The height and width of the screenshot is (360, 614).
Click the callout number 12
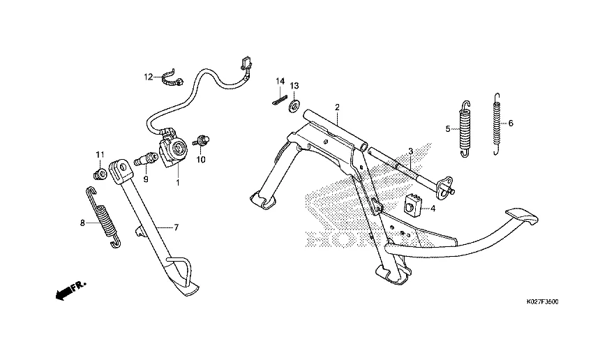(x=148, y=77)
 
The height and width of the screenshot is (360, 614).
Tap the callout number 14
(x=280, y=82)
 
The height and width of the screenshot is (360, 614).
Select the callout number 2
(x=337, y=107)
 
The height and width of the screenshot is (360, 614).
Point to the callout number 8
(x=82, y=223)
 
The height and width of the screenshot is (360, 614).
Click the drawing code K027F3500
(x=542, y=301)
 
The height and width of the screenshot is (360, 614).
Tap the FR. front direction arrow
(x=70, y=290)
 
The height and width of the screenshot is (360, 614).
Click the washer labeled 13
(x=294, y=106)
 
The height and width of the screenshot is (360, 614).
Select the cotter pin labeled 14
(x=280, y=100)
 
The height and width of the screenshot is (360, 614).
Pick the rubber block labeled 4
(x=413, y=204)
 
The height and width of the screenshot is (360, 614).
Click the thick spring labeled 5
(x=465, y=129)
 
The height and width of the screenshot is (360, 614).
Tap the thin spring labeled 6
(x=496, y=123)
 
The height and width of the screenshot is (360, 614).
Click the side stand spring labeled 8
(x=103, y=217)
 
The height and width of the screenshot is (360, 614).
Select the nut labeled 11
(x=100, y=174)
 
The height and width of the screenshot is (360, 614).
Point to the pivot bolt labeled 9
(x=146, y=159)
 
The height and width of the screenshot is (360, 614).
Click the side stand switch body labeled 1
(x=172, y=148)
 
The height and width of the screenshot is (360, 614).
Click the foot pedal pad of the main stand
(x=522, y=216)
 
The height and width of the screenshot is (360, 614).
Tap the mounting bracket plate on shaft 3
(x=444, y=186)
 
